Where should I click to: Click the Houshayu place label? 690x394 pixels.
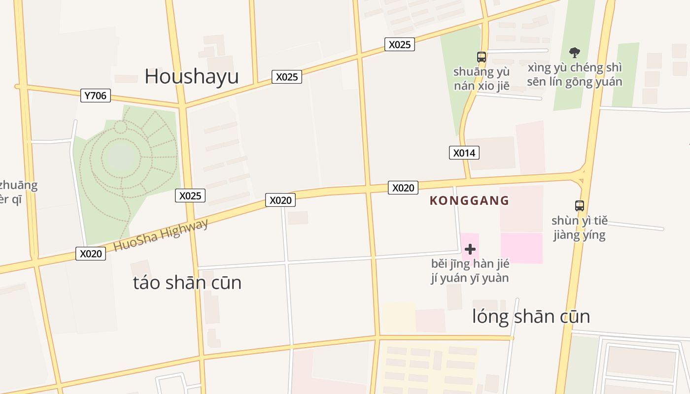click(191, 76)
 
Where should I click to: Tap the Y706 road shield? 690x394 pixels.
click(95, 96)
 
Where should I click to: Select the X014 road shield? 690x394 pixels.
click(464, 153)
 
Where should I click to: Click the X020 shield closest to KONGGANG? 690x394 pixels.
click(403, 188)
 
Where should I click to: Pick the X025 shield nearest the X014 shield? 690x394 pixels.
click(399, 44)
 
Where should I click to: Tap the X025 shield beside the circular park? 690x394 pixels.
click(190, 196)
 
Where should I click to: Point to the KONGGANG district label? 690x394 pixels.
click(469, 200)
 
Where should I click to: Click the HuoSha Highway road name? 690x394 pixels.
click(161, 235)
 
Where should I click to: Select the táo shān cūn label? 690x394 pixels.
click(187, 283)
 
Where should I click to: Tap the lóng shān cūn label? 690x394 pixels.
click(531, 316)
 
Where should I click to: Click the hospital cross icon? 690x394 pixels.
click(470, 249)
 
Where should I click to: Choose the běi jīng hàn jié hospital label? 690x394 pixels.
click(470, 270)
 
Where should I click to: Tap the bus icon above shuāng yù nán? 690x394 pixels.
click(482, 57)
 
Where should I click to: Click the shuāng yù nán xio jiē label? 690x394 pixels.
click(482, 79)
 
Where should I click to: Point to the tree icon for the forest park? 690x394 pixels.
click(574, 52)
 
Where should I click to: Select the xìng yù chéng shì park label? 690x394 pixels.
click(574, 74)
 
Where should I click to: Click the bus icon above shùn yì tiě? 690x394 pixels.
click(580, 206)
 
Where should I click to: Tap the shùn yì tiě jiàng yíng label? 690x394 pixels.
click(580, 228)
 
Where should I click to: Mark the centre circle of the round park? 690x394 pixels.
click(121, 157)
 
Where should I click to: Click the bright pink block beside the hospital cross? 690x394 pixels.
click(521, 248)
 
